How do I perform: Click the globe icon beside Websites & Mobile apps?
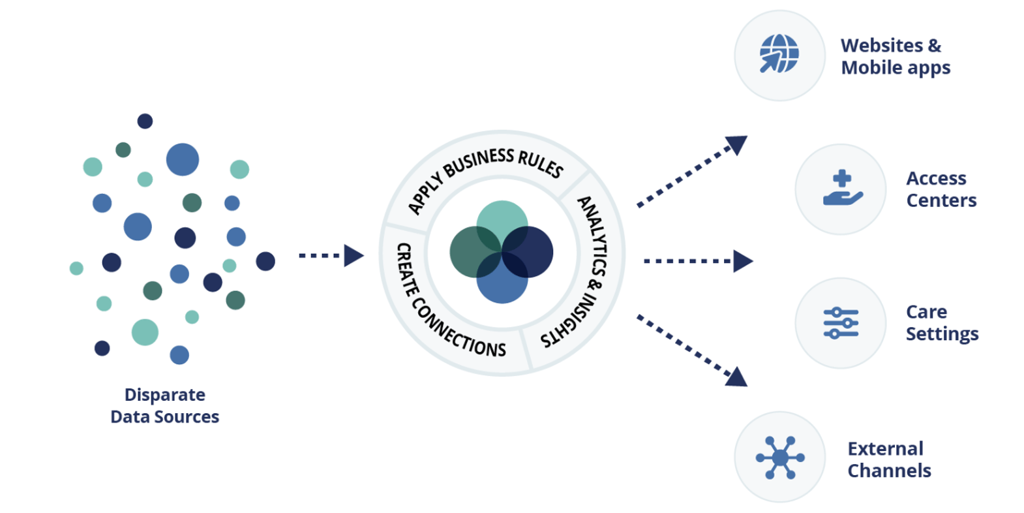[x=779, y=54]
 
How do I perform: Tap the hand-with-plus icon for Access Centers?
[x=841, y=189]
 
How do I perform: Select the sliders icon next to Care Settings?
[x=841, y=322]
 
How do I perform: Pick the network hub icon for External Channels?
[x=780, y=457]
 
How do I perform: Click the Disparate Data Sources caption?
[x=164, y=405]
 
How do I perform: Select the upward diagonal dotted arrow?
[x=691, y=171]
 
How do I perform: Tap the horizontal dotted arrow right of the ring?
[x=698, y=261]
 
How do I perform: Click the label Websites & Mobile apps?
[x=895, y=56]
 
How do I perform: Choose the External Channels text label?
[x=888, y=459]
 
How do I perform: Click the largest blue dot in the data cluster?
[x=183, y=159]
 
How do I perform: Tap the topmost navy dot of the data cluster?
[x=145, y=121]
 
